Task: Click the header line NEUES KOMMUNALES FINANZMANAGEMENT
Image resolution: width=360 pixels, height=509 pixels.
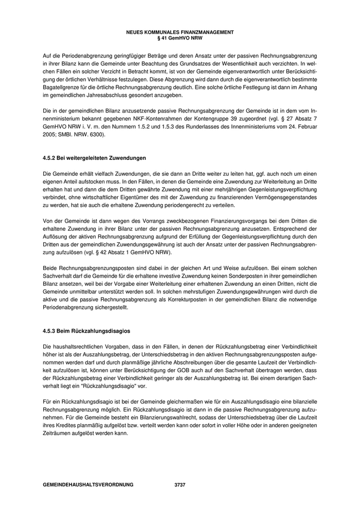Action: tap(180, 32)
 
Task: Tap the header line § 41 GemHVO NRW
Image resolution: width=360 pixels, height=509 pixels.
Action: tap(180, 38)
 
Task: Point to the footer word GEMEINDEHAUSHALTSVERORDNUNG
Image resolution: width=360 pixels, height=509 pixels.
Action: tap(88, 485)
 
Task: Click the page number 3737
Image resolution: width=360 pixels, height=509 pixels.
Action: tap(180, 485)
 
